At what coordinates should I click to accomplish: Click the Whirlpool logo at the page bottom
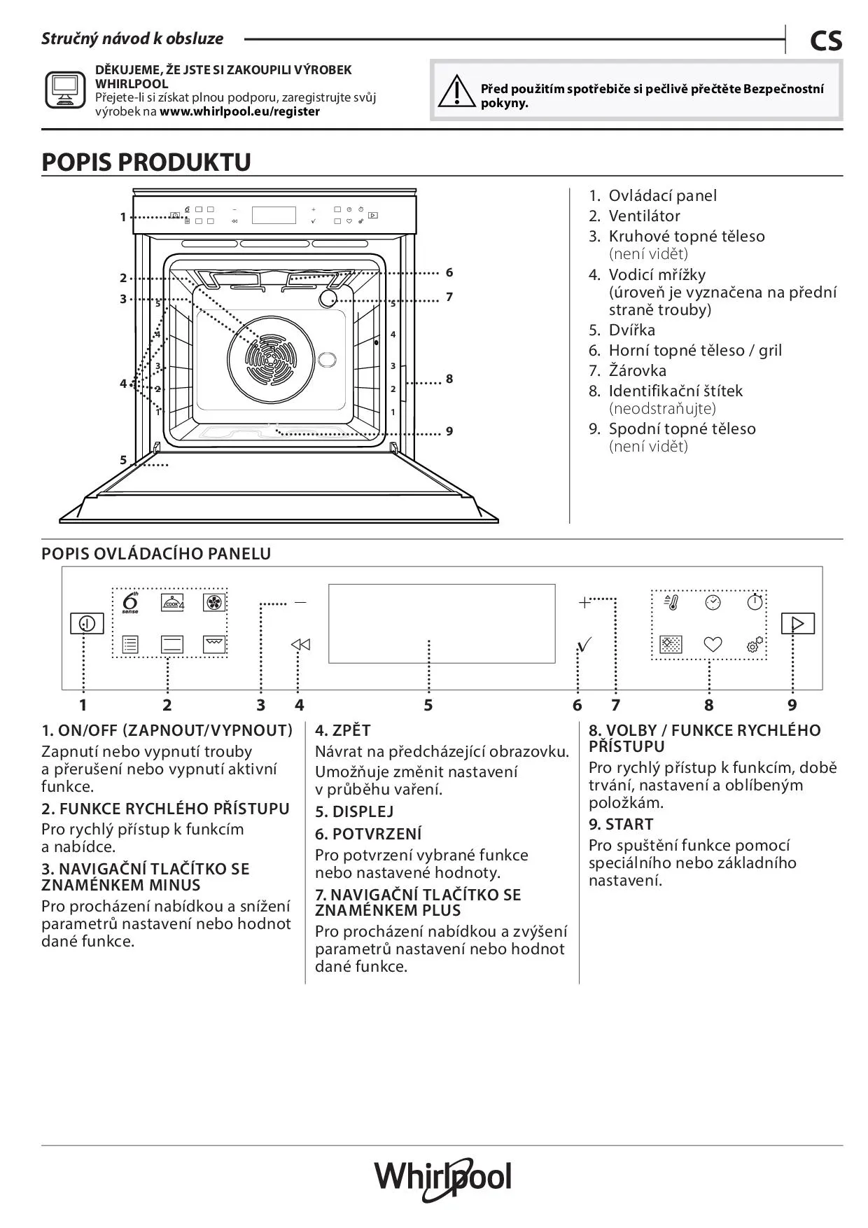[442, 1178]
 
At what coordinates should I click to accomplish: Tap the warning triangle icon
[456, 91]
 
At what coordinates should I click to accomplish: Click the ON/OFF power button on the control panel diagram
[87, 623]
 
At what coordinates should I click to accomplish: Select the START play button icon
[797, 623]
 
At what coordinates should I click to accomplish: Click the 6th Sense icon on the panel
[130, 603]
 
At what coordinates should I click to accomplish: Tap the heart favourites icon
[713, 644]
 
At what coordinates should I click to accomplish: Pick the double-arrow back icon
[300, 645]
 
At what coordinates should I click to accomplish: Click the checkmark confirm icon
[584, 644]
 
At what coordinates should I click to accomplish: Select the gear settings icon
[755, 645]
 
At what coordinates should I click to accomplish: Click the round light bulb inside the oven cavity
[328, 299]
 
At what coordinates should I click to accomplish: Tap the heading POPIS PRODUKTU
[146, 162]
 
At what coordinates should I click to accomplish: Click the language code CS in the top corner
[826, 41]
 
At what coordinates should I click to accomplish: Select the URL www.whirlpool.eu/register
[239, 111]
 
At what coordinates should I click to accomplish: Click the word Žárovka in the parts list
[637, 370]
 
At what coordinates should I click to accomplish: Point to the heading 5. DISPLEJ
[354, 811]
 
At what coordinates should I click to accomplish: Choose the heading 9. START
[621, 824]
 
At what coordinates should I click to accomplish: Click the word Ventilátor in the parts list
[644, 216]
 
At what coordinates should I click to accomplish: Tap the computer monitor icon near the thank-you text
[65, 90]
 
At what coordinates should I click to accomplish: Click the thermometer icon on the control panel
[671, 603]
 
